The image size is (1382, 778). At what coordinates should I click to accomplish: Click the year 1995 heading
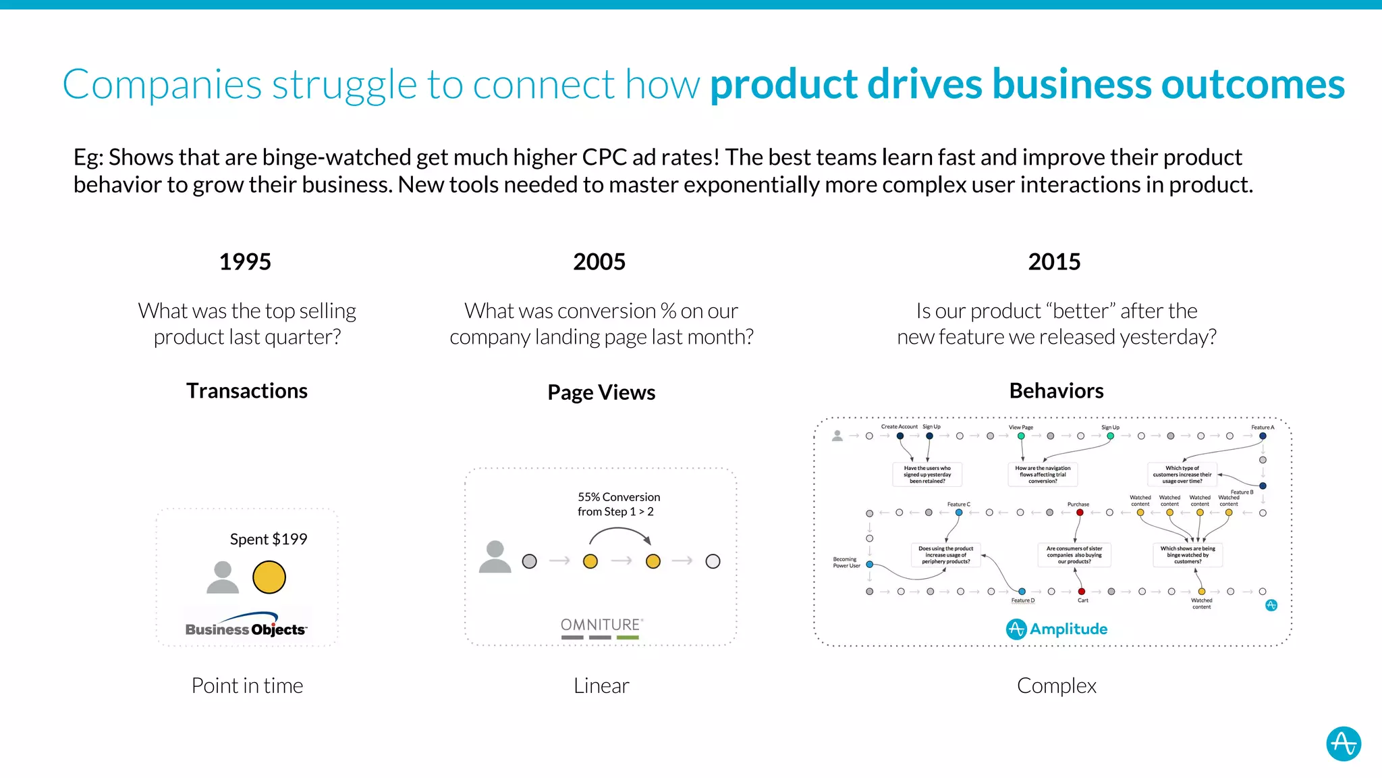(245, 262)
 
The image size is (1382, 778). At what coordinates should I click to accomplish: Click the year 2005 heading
(599, 262)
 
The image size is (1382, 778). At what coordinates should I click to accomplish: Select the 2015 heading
(1054, 262)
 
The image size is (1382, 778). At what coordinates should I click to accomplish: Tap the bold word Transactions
(247, 391)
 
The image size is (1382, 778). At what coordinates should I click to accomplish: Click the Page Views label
(601, 392)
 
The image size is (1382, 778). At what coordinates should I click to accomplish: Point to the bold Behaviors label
(1056, 391)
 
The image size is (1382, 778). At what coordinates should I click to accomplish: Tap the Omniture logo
(601, 627)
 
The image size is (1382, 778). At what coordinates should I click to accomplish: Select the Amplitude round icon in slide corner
(1343, 744)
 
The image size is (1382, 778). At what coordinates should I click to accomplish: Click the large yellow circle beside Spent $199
(269, 577)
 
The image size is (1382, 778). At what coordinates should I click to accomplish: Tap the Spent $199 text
(268, 539)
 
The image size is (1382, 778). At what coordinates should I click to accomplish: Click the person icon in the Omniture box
(495, 557)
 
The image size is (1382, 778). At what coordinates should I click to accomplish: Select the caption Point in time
(247, 685)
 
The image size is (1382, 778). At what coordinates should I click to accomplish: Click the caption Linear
(601, 685)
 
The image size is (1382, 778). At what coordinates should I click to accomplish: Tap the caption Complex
(1056, 685)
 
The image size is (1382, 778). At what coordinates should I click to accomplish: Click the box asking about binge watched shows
(1187, 555)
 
